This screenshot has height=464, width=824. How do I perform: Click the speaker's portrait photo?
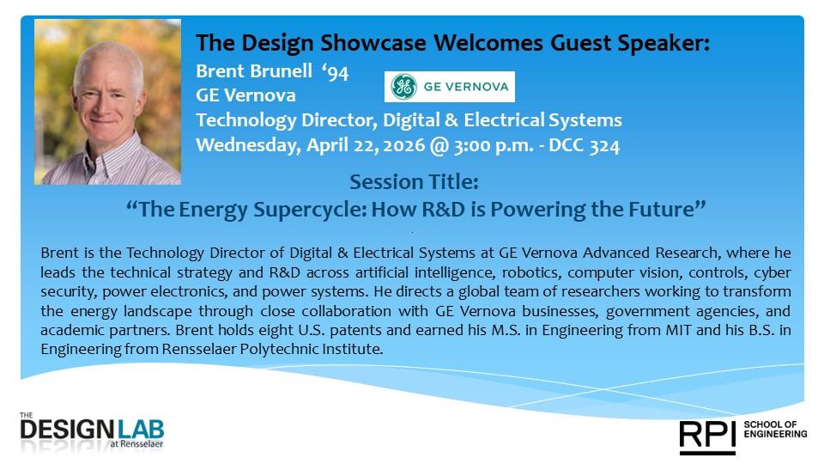[108, 101]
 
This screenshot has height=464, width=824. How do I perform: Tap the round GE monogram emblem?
[403, 86]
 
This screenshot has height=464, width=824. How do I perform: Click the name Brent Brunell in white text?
[254, 71]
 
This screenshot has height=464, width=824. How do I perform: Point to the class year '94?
[336, 71]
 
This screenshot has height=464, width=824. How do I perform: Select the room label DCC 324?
[584, 145]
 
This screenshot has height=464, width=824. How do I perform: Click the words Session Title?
[414, 182]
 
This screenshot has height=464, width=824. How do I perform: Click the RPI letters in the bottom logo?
[707, 435]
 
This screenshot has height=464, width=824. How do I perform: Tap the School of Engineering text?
[775, 430]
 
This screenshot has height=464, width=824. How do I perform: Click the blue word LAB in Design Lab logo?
[141, 430]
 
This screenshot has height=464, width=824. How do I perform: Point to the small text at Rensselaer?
[136, 444]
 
